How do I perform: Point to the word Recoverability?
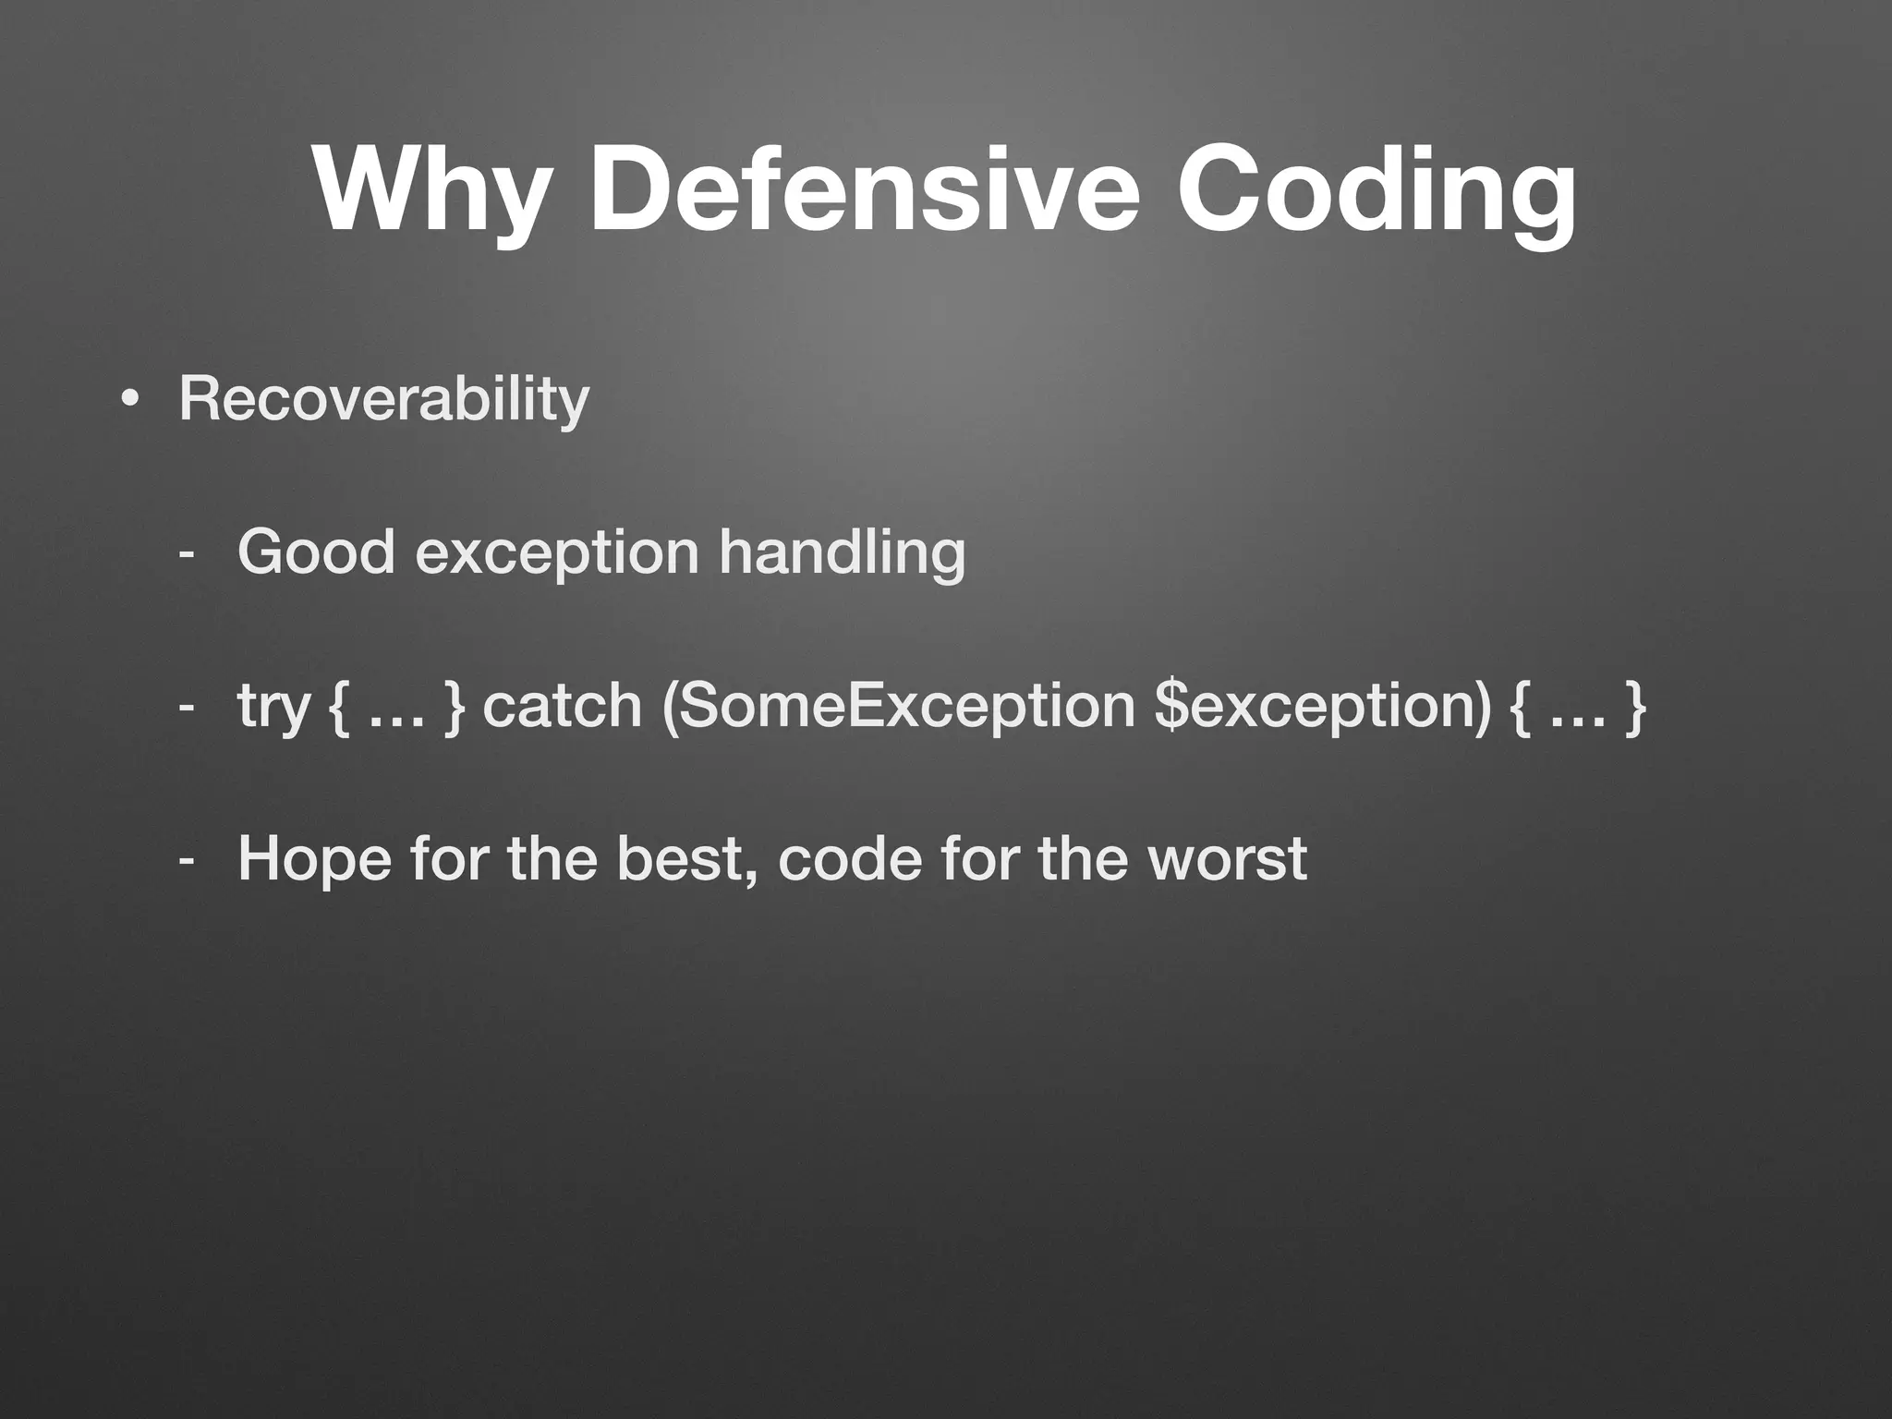(x=383, y=400)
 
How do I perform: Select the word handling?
(x=842, y=553)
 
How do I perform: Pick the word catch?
(x=562, y=706)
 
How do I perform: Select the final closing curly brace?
(x=1635, y=706)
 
